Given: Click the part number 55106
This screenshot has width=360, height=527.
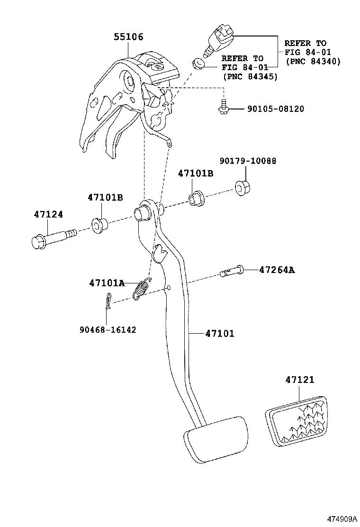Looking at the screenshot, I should pos(128,37).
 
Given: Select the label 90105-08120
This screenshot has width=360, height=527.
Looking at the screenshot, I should pos(275,109).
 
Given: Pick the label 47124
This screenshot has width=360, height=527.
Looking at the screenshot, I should pos(48,214).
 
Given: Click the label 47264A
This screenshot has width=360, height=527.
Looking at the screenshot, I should pos(277,270).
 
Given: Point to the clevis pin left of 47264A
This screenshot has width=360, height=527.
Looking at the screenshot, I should pos(232,272).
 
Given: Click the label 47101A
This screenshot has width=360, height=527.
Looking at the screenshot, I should pos(106,283).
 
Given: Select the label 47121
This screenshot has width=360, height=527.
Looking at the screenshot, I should pos(299,380).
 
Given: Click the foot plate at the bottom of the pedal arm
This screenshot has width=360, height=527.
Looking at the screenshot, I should pos(215,438).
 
